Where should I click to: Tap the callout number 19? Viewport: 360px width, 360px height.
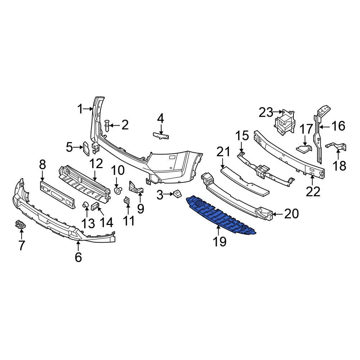point(220,242)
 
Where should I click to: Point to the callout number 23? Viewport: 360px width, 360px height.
point(266,113)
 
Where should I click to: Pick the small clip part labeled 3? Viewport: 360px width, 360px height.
point(176,195)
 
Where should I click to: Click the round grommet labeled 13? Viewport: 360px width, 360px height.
point(86,206)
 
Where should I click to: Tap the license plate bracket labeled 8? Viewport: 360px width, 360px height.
point(58,194)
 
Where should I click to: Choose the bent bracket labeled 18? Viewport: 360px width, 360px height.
point(337,147)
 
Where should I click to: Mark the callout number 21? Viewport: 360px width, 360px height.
point(223,152)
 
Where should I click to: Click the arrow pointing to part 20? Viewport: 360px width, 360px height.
point(276,214)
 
